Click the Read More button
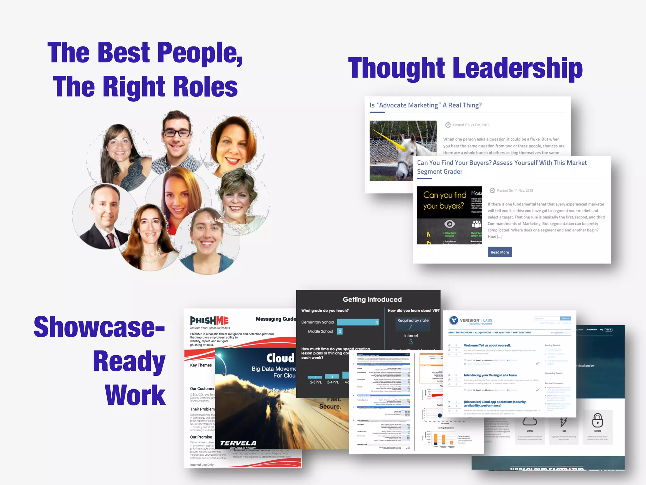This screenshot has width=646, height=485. [x=500, y=252]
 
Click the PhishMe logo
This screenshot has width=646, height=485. [x=209, y=320]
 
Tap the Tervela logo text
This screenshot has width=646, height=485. [x=238, y=443]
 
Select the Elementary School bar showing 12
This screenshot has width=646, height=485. [x=358, y=322]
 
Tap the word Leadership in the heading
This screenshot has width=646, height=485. [x=517, y=68]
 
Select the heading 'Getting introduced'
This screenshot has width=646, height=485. [x=372, y=299]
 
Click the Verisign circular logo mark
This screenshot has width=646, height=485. [x=454, y=320]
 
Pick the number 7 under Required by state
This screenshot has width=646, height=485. [x=410, y=327]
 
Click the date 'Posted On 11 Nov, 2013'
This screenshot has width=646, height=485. [x=515, y=190]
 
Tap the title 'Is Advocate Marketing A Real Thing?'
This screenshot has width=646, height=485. [x=426, y=105]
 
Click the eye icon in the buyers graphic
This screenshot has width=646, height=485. [x=449, y=224]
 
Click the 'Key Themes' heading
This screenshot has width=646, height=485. [x=201, y=365]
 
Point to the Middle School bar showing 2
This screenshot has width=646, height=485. [x=340, y=331]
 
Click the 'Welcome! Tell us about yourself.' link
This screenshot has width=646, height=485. [x=487, y=345]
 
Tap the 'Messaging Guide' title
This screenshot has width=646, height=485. [x=276, y=319]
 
